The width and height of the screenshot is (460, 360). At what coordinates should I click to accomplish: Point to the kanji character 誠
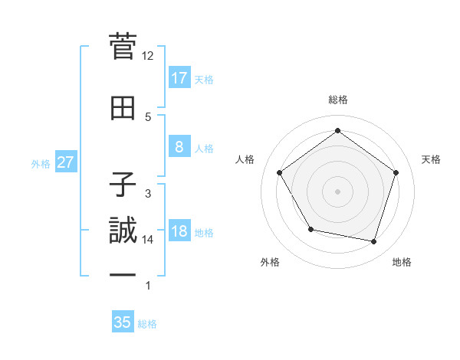(x=123, y=230)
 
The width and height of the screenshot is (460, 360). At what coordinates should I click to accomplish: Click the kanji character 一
(x=123, y=274)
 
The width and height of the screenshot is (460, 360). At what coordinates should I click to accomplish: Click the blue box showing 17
(x=179, y=77)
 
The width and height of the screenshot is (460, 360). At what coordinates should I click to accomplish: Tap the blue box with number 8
(x=179, y=147)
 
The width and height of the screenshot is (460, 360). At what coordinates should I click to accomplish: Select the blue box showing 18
(x=179, y=232)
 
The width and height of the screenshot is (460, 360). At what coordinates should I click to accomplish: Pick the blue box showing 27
(x=65, y=162)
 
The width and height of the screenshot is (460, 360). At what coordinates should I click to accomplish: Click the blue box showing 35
(x=123, y=322)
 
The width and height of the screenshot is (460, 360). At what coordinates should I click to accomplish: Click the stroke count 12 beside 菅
(x=148, y=56)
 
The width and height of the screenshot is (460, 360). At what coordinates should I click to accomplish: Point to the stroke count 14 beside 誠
(x=148, y=240)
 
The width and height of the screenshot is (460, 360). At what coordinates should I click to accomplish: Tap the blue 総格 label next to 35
(x=147, y=324)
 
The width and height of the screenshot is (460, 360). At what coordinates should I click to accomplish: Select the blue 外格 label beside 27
(x=41, y=163)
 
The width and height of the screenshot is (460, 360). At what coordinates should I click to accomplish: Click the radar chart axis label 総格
(x=337, y=100)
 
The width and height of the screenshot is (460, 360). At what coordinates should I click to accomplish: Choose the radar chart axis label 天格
(x=431, y=159)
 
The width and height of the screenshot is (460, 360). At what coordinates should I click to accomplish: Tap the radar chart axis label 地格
(x=402, y=262)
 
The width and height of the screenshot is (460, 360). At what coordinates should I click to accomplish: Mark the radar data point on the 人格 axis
(x=279, y=172)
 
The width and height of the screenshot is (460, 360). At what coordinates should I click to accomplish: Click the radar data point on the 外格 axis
(x=310, y=229)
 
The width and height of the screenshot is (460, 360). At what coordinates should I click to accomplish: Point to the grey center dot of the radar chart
(x=337, y=191)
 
